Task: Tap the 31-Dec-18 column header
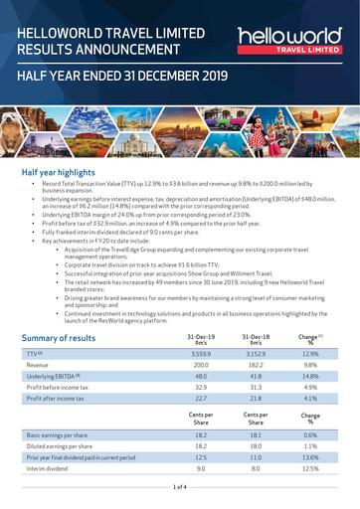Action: coord(258,339)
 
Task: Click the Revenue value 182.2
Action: coord(258,365)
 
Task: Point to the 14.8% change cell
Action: coord(310,378)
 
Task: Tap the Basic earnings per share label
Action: coord(65,435)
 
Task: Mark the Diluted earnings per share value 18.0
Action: coord(258,447)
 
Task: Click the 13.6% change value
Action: coord(310,459)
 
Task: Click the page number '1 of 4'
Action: coord(180,488)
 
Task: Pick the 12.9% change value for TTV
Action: coord(310,353)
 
